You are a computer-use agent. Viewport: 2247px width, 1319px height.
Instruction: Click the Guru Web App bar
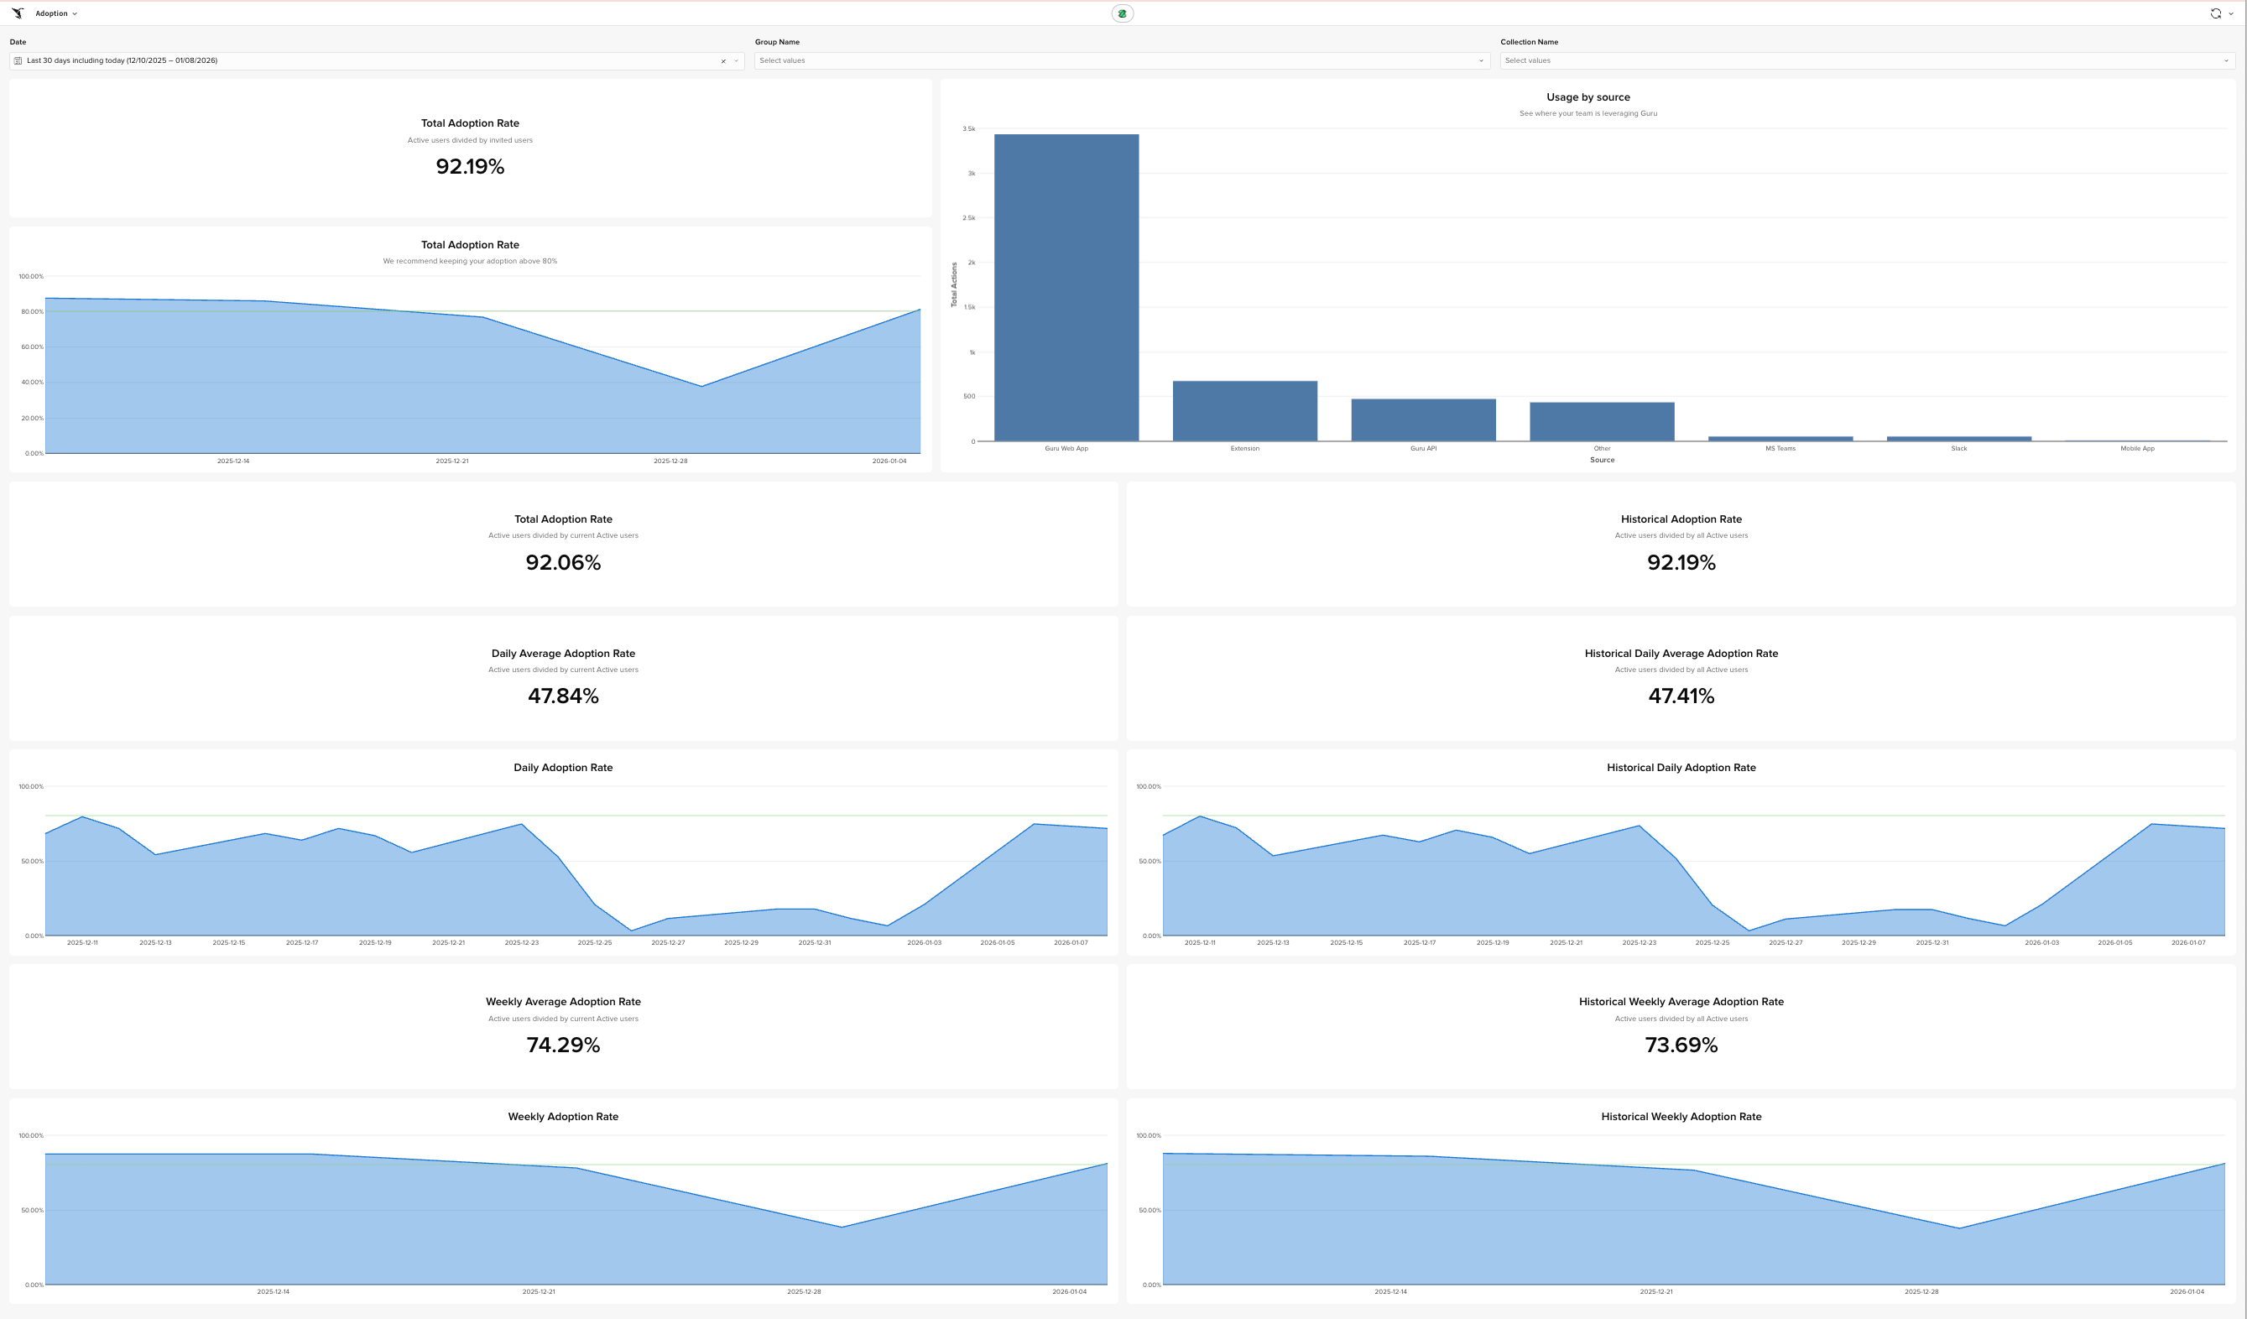pos(1066,287)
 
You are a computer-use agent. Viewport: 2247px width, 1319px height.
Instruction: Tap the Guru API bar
pos(1423,420)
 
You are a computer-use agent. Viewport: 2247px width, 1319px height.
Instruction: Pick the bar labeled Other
pos(1602,422)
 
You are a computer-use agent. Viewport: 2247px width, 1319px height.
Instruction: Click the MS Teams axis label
pos(1780,449)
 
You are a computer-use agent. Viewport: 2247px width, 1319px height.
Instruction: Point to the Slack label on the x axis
pos(1958,449)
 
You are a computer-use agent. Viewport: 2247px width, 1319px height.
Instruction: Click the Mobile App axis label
pos(2136,449)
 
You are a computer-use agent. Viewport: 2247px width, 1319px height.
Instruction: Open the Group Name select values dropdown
pos(1121,60)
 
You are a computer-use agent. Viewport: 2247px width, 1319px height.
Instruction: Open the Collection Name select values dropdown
pos(1866,60)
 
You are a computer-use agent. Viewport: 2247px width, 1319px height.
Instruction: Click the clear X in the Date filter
pos(723,61)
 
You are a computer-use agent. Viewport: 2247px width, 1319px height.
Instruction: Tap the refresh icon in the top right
pos(2215,13)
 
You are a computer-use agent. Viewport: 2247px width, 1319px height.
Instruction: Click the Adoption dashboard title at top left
pos(52,13)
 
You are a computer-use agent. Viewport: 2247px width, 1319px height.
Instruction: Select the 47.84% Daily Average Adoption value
pos(563,696)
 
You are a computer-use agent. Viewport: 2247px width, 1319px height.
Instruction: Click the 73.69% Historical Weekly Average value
pos(1681,1045)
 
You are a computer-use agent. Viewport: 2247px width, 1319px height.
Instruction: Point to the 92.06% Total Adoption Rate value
pos(563,563)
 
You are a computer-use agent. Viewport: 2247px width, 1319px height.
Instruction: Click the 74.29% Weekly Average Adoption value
pos(563,1045)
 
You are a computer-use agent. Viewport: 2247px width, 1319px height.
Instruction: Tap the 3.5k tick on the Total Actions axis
pos(968,129)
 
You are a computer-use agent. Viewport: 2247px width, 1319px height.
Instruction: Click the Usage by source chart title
pos(1588,97)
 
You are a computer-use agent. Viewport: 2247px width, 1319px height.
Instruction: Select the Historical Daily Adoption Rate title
pos(1681,768)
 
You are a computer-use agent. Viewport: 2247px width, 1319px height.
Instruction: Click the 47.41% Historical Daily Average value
pos(1681,696)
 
